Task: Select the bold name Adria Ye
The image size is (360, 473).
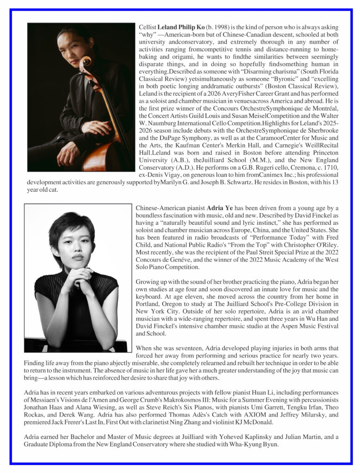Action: point(220,208)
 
